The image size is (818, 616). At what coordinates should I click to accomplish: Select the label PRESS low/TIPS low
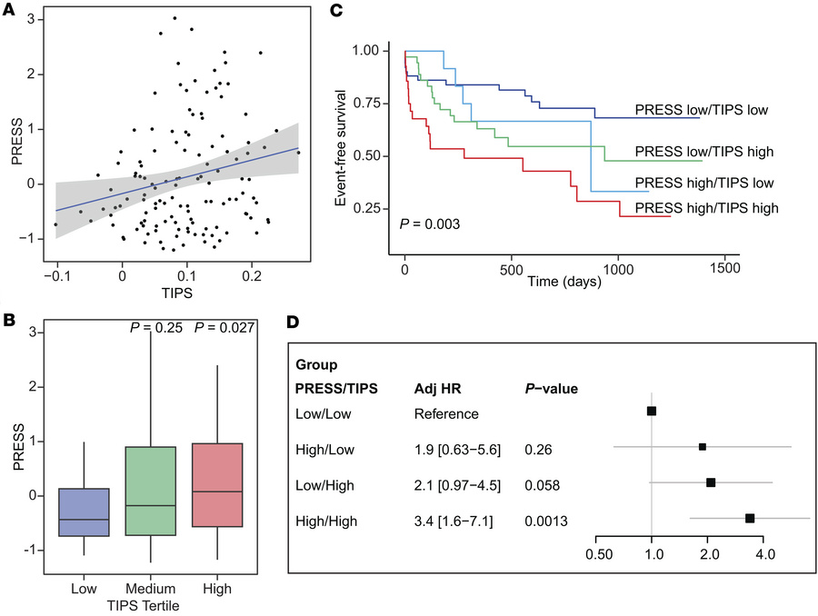click(702, 111)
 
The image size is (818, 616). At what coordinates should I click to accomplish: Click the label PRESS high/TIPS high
click(707, 208)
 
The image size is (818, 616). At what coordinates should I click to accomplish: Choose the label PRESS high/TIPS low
click(704, 182)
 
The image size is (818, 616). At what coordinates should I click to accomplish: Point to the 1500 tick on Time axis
click(724, 271)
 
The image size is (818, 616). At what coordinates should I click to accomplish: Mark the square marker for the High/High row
click(750, 518)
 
